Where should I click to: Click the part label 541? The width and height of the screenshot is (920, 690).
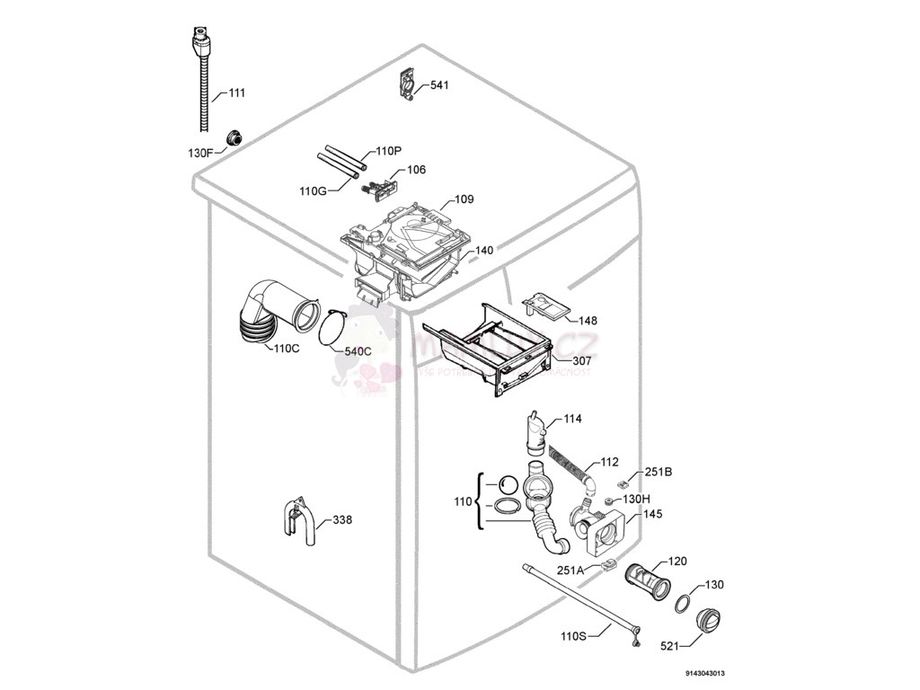tap(439, 85)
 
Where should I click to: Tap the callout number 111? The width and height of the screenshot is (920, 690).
tap(236, 93)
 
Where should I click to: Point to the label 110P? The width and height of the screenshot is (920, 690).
tap(389, 151)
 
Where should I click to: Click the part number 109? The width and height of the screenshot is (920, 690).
tap(464, 199)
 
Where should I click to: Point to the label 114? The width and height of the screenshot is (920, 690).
tap(572, 419)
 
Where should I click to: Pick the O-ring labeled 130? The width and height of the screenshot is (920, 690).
tap(683, 602)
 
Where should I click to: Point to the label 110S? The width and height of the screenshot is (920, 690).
tap(573, 636)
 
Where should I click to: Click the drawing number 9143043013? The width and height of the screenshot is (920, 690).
tap(704, 673)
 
